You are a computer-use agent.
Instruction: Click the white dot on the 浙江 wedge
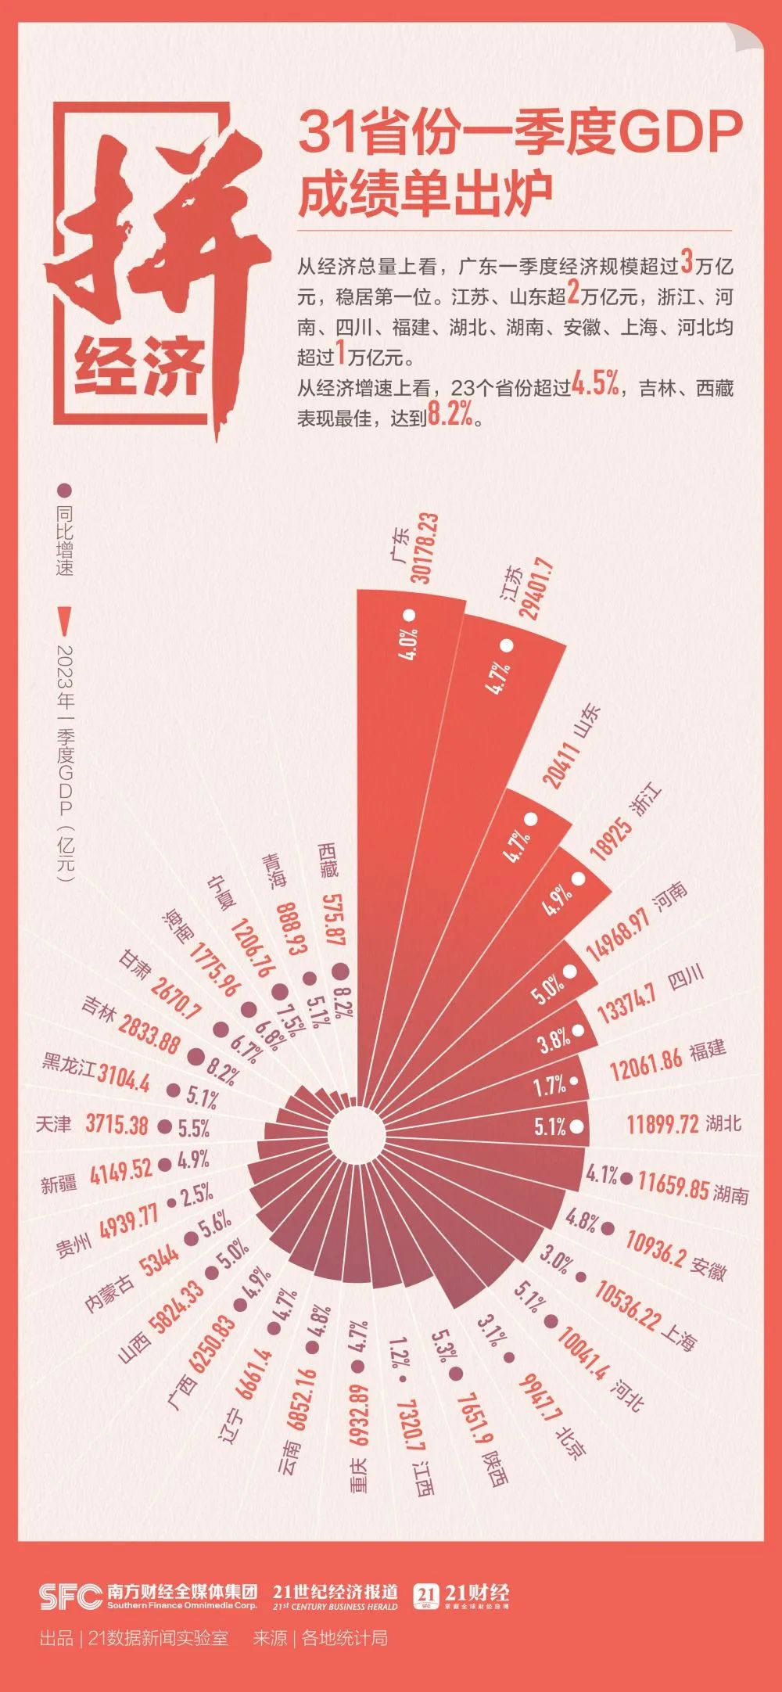coord(579,878)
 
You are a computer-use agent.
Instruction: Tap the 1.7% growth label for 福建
coord(551,1085)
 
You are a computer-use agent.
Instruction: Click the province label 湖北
coord(723,1124)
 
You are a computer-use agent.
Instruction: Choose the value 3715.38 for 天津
coord(117,1125)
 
